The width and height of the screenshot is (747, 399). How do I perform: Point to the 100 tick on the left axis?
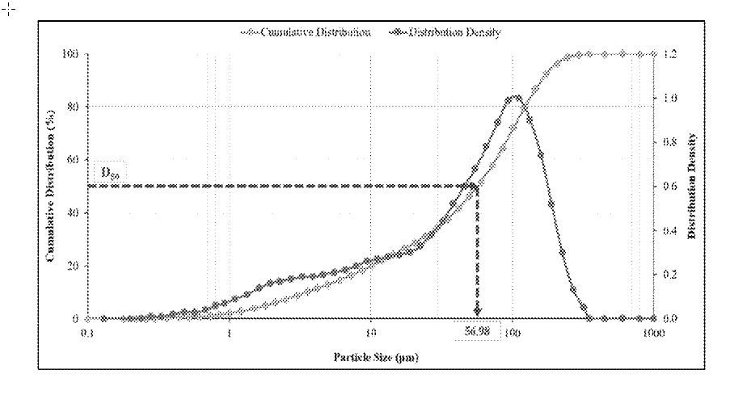(72, 54)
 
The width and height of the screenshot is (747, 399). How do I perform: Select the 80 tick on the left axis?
(74, 107)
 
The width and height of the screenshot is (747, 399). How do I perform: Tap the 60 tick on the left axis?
(74, 160)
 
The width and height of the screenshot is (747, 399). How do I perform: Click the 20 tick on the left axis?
(74, 266)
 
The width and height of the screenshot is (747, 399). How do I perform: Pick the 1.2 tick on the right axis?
(670, 54)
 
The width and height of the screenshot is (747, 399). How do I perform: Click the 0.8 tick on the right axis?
(670, 142)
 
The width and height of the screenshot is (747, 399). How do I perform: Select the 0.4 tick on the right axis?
(670, 230)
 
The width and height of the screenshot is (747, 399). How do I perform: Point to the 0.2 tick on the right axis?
(670, 275)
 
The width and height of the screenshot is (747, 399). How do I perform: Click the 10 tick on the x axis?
(371, 332)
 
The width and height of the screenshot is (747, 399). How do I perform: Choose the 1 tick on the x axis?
(230, 332)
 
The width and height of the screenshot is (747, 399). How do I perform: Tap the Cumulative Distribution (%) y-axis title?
(50, 186)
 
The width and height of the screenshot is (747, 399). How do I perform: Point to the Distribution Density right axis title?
(693, 186)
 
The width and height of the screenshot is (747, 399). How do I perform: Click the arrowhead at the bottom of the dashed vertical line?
(477, 311)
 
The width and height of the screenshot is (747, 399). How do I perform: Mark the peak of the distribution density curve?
(515, 97)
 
